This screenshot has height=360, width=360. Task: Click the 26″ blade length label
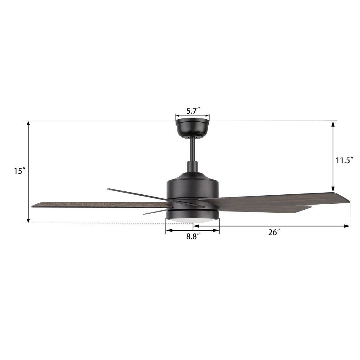pyautogui.click(x=274, y=233)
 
